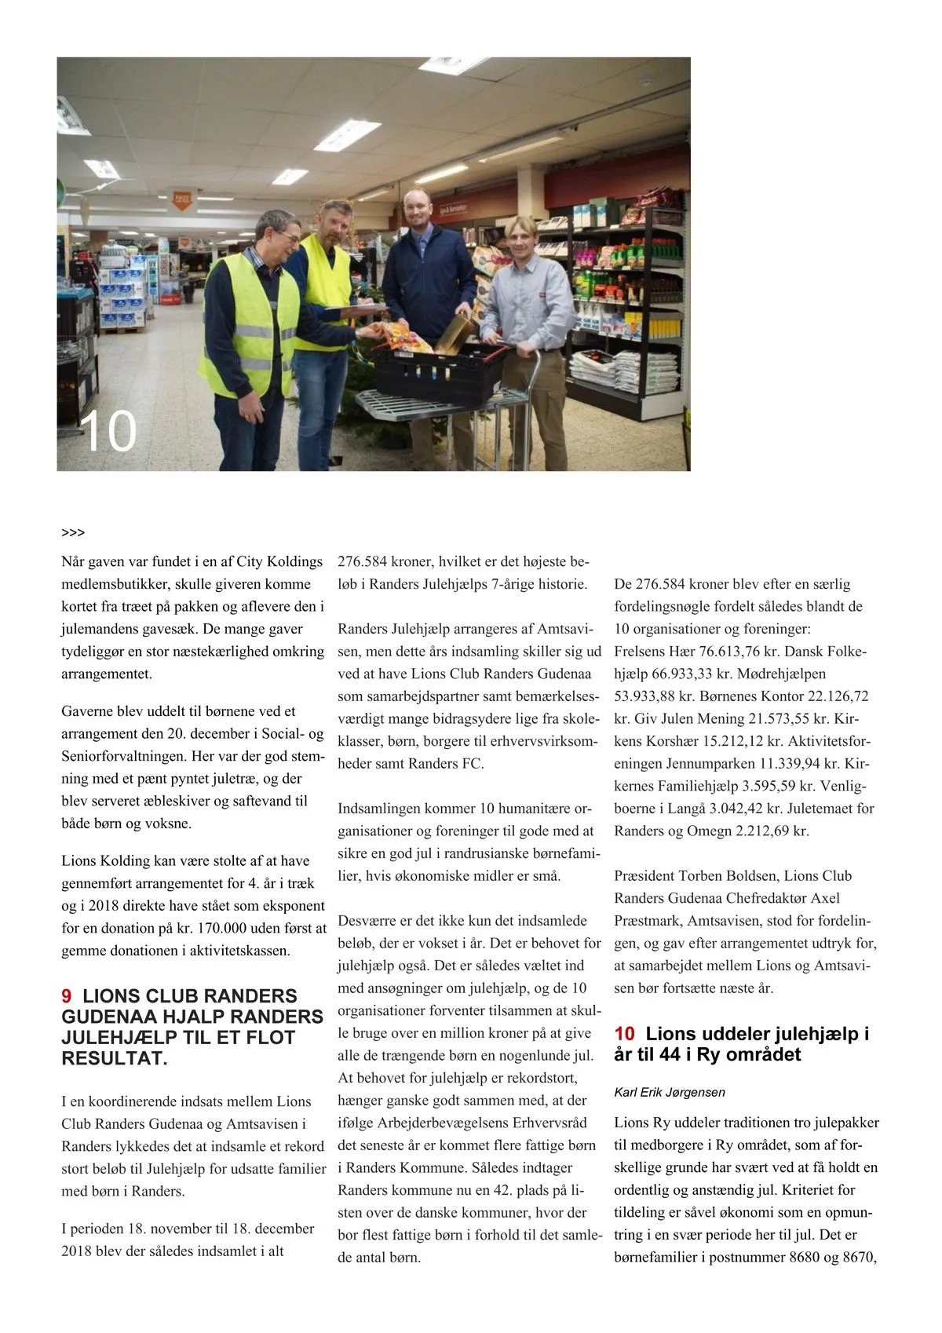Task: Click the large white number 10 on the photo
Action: (x=108, y=431)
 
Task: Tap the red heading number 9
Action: (x=67, y=996)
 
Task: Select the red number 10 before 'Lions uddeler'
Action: (x=624, y=1034)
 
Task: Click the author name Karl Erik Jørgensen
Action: (x=669, y=1092)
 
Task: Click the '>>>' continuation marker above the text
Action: (x=73, y=533)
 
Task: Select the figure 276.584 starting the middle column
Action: (x=362, y=562)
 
